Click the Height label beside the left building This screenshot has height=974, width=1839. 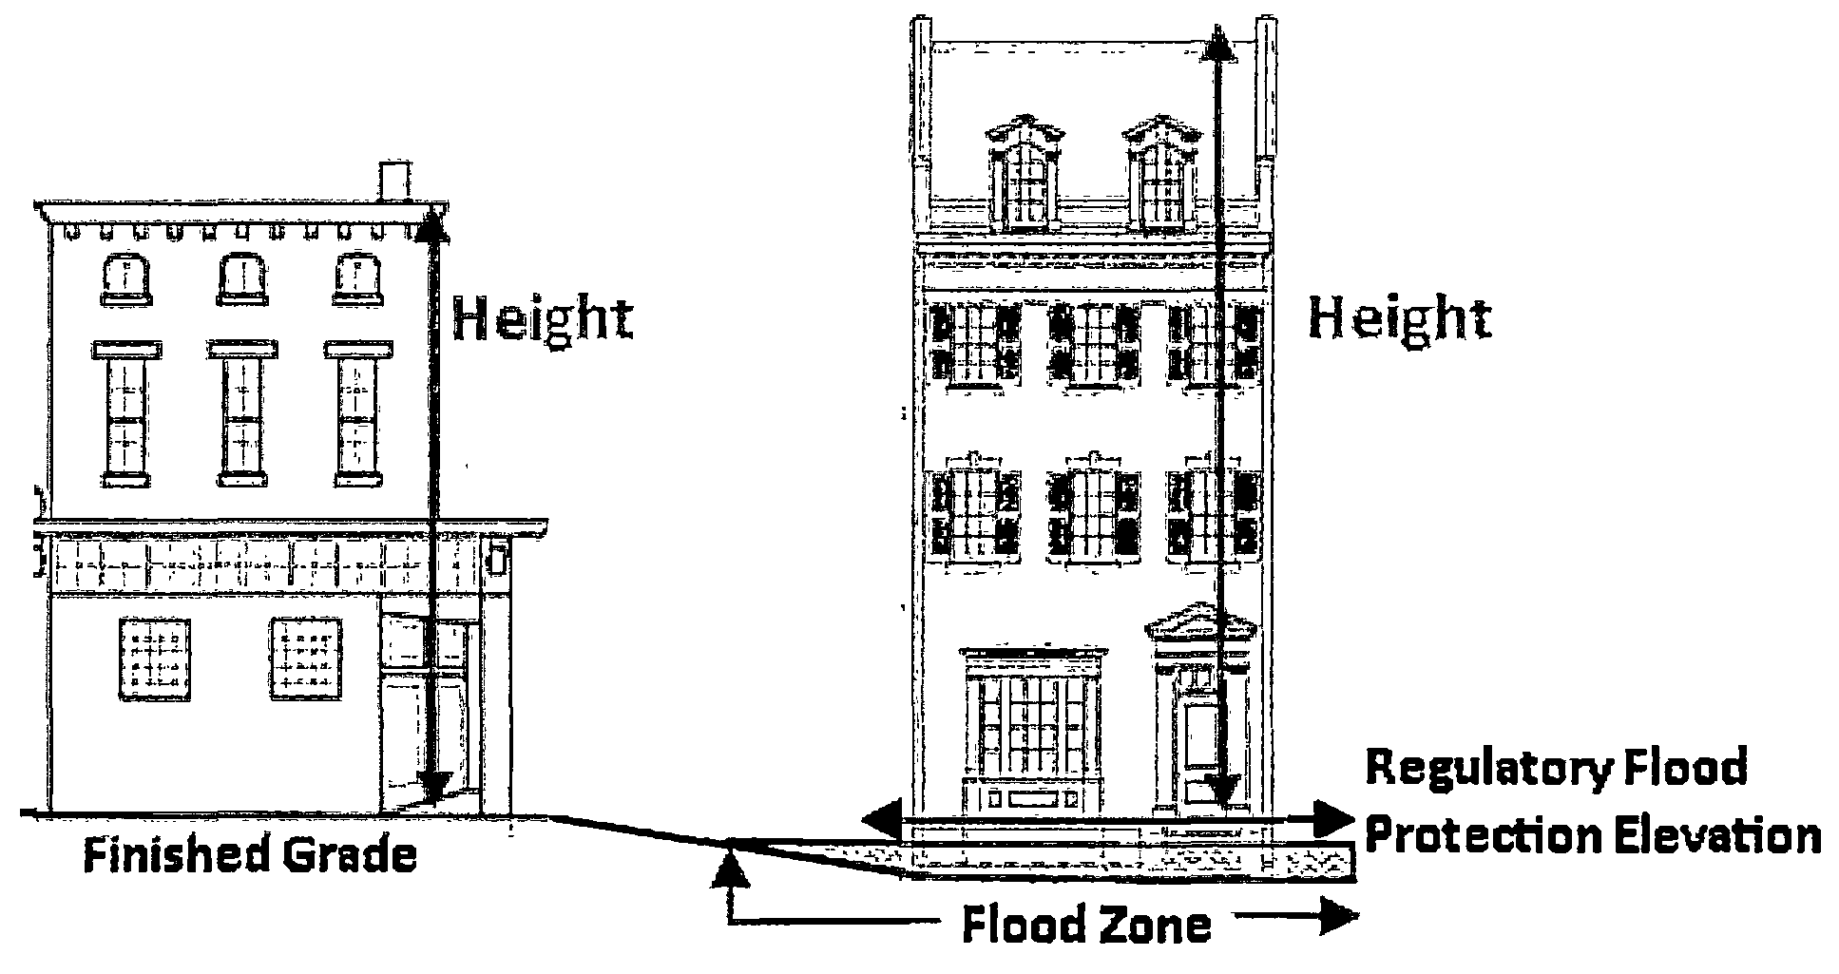[x=542, y=320]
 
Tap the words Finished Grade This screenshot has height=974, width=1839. [x=250, y=855]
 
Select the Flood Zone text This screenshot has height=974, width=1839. [x=1086, y=925]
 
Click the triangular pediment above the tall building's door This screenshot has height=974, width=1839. [x=1199, y=621]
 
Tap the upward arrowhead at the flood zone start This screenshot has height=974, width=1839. [x=730, y=867]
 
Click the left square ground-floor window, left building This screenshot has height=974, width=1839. [x=154, y=659]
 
